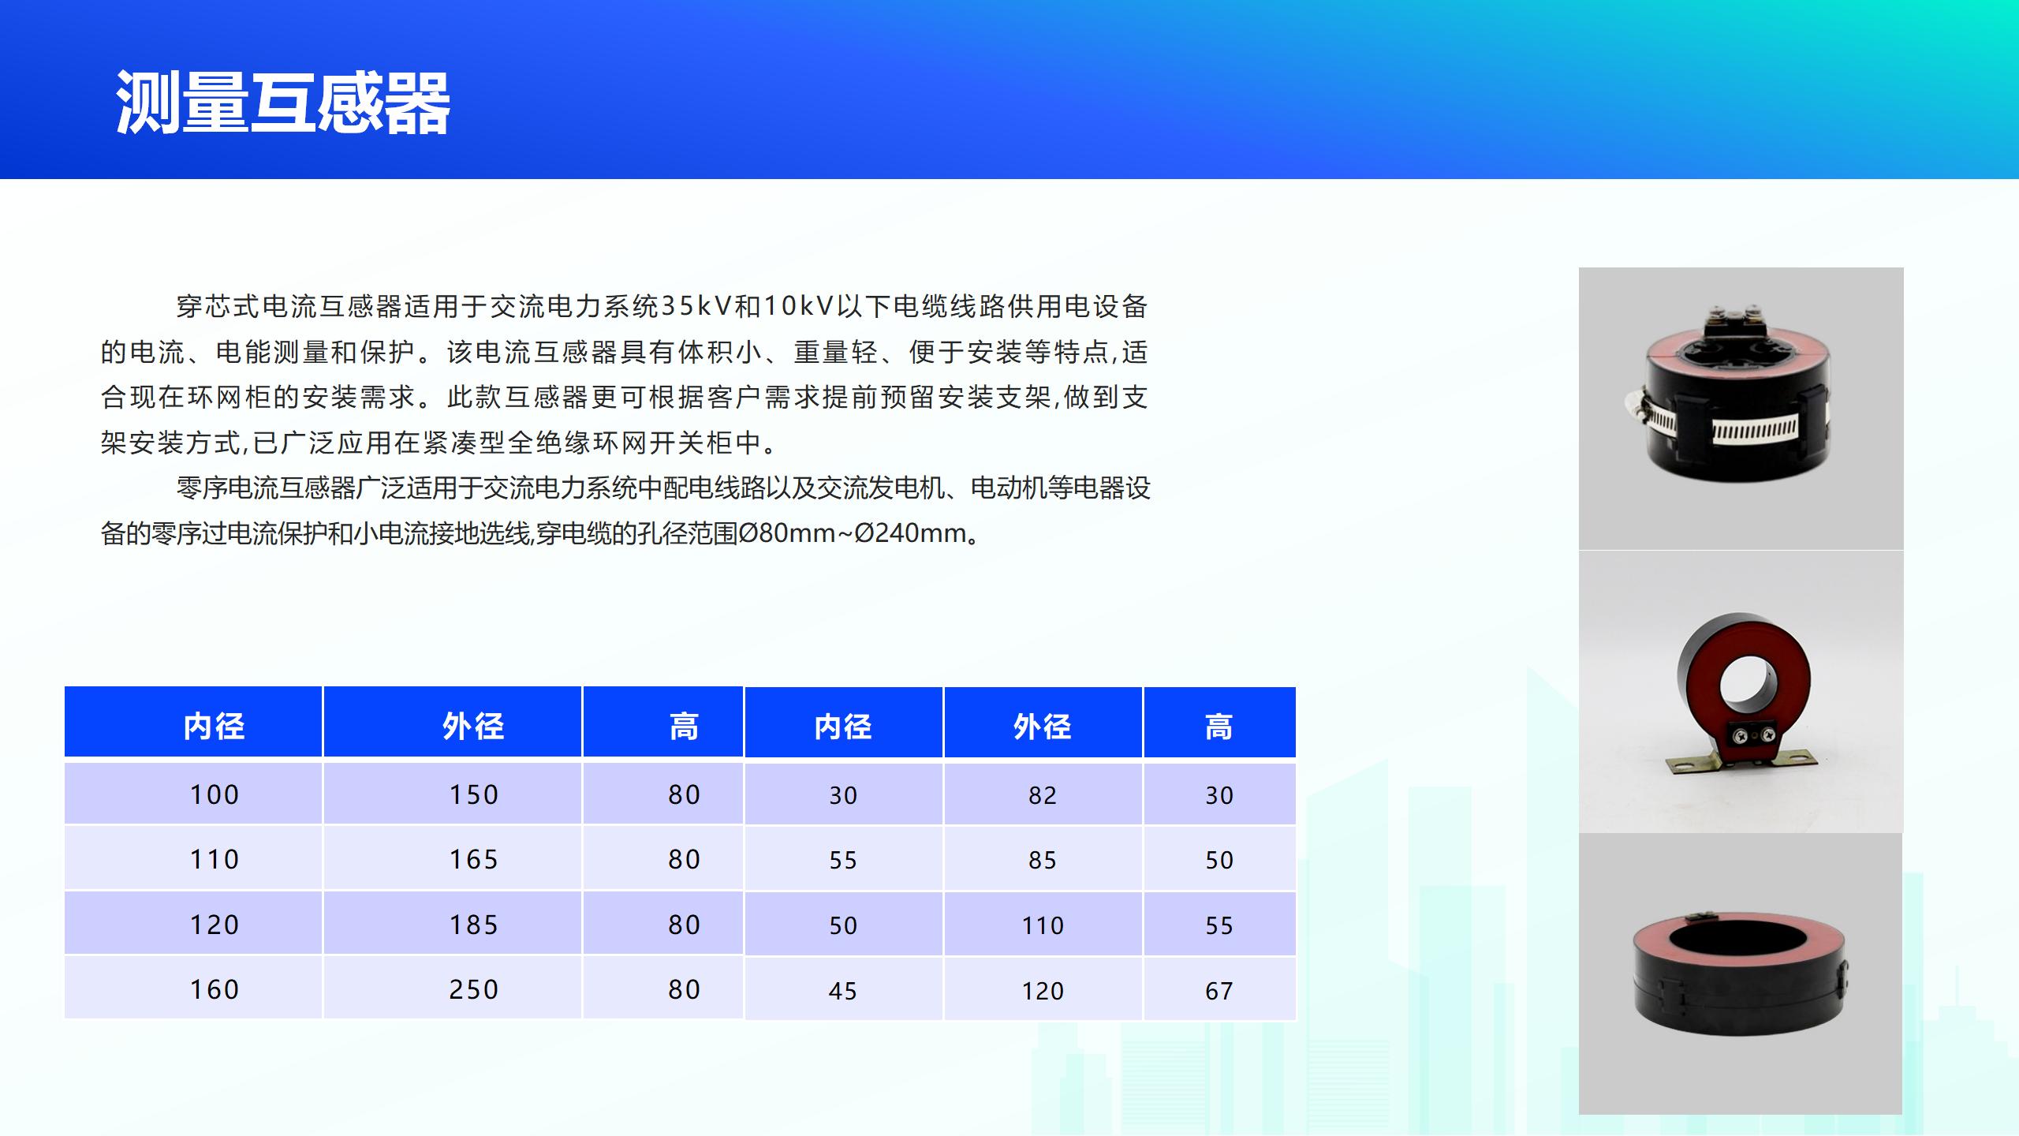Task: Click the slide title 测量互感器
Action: click(283, 103)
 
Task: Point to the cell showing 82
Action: click(1043, 794)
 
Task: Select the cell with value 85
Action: click(1043, 859)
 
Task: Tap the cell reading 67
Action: click(1219, 989)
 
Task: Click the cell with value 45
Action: click(843, 989)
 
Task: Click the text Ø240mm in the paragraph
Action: click(911, 533)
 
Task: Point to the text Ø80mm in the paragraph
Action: click(786, 533)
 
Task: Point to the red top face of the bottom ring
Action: click(1739, 939)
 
